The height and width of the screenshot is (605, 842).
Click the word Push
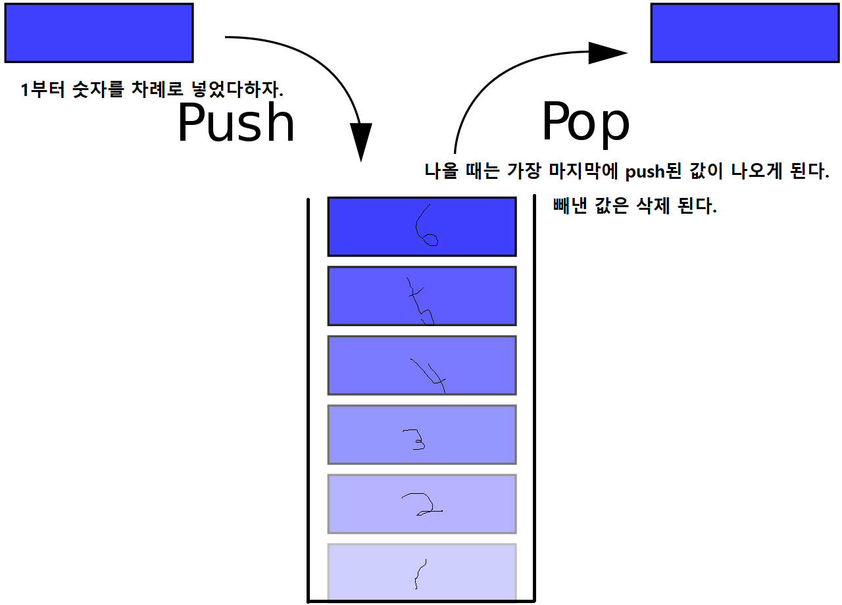coord(236,124)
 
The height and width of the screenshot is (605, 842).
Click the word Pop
coord(585,124)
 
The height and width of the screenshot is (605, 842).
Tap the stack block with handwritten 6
coord(422,226)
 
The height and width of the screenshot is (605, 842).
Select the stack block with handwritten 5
coord(422,296)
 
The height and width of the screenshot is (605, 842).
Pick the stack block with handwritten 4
coord(422,366)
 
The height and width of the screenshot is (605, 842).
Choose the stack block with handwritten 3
coord(422,435)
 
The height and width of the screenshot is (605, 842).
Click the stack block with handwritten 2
coord(422,504)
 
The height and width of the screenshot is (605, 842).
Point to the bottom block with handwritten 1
coord(422,572)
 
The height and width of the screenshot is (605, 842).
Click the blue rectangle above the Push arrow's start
coord(99,33)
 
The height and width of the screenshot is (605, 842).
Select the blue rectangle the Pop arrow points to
coord(745,33)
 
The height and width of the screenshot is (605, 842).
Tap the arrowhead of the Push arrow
coord(360,142)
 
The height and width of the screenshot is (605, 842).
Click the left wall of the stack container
coord(309,395)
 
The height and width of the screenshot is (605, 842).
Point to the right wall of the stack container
coord(534,395)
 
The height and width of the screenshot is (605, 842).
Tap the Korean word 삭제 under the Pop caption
coord(653,206)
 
